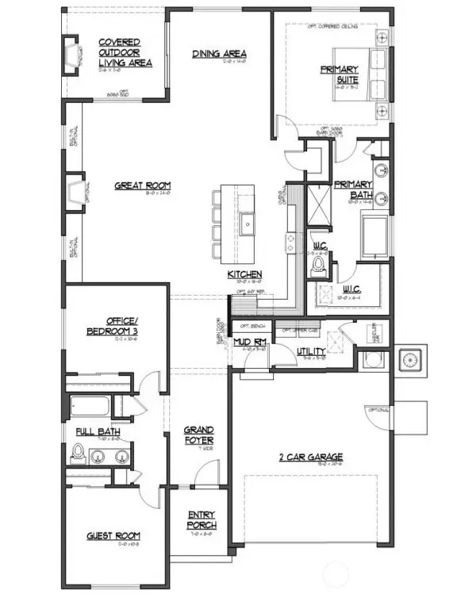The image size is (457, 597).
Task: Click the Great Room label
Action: tap(142, 186)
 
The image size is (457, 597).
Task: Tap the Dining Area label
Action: tap(219, 55)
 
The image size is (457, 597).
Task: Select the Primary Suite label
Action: tap(340, 74)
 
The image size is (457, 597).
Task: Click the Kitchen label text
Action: tap(244, 274)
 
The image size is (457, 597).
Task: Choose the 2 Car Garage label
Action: tap(310, 457)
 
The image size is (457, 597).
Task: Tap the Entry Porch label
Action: tap(202, 519)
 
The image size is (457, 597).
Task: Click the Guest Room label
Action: tap(113, 537)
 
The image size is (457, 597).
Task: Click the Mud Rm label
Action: tap(249, 341)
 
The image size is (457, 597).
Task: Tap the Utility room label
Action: tap(311, 351)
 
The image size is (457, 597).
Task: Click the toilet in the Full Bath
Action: tap(78, 453)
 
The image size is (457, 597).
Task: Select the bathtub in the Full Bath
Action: tap(90, 405)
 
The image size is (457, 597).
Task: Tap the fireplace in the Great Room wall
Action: tap(76, 194)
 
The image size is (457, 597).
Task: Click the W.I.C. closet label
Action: tap(352, 292)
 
